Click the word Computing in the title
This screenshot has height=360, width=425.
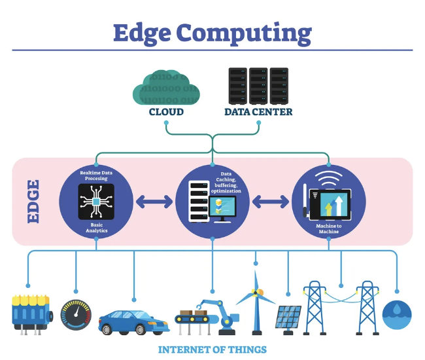[x=244, y=33]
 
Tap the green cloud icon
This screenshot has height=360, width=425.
[x=166, y=87]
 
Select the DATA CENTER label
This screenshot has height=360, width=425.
[x=258, y=112]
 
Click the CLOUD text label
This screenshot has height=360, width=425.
[x=166, y=112]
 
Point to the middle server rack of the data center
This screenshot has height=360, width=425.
[x=258, y=86]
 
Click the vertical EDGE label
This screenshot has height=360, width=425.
[x=33, y=202]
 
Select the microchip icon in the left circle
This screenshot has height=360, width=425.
[x=96, y=202]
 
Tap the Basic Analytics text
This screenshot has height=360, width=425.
[x=97, y=228]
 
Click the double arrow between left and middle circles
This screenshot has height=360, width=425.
[x=154, y=202]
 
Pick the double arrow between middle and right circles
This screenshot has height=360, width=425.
[x=271, y=202]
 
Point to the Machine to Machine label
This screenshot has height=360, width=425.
[x=329, y=228]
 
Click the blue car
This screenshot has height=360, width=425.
[x=134, y=323]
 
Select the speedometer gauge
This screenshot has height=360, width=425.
[x=76, y=315]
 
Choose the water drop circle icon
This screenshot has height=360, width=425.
[x=397, y=315]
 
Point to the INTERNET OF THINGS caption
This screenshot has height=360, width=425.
[x=212, y=350]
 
